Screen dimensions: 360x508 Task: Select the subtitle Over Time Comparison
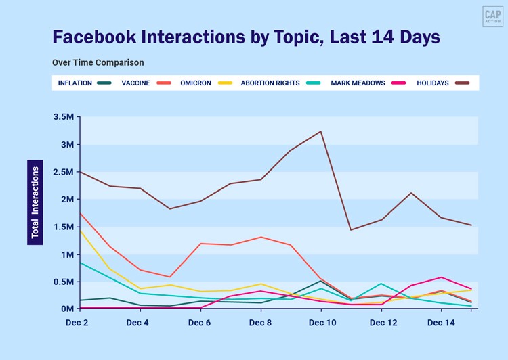coord(98,63)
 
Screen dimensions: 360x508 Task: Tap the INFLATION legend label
coord(75,83)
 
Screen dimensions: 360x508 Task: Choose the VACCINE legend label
coord(135,83)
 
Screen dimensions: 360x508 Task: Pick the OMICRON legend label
coord(196,83)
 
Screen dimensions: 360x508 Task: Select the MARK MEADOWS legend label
coord(358,83)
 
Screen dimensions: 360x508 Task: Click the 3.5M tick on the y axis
coord(62,117)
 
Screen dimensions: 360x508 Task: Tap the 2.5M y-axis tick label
coord(62,172)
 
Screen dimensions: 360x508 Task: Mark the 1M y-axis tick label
coord(66,254)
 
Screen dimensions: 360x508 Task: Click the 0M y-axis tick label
coord(66,309)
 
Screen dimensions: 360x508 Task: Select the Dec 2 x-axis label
coord(76,323)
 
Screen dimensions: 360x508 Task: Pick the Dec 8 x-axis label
coord(261,323)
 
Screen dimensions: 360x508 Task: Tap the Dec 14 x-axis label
coord(441,323)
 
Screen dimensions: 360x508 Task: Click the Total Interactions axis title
coord(35,202)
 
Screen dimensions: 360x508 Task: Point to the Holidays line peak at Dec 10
coord(320,131)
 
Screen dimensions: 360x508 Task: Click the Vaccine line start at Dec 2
coord(80,213)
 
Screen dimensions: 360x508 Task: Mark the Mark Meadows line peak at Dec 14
coord(441,277)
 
